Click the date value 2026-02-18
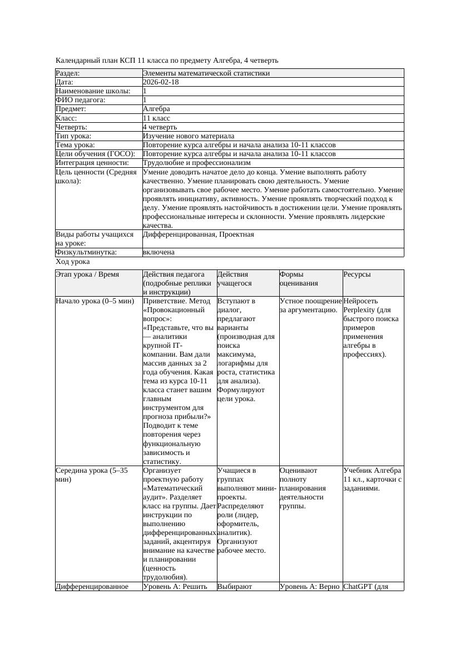click(x=161, y=82)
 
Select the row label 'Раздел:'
click(x=68, y=73)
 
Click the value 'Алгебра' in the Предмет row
click(x=156, y=109)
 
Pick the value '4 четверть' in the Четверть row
click(x=160, y=127)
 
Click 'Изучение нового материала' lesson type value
click(x=188, y=136)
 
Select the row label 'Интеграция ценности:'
click(x=92, y=163)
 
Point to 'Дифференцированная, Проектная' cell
click(x=198, y=234)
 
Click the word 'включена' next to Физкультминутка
click(x=159, y=252)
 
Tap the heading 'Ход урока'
click(x=73, y=262)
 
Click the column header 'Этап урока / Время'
click(x=91, y=274)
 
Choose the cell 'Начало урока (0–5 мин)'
click(x=95, y=301)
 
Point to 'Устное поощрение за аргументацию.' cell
click(x=310, y=306)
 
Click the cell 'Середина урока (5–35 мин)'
click(x=92, y=474)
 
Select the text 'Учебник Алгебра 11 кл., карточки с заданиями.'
click(x=372, y=479)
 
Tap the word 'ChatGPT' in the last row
click(x=358, y=586)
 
